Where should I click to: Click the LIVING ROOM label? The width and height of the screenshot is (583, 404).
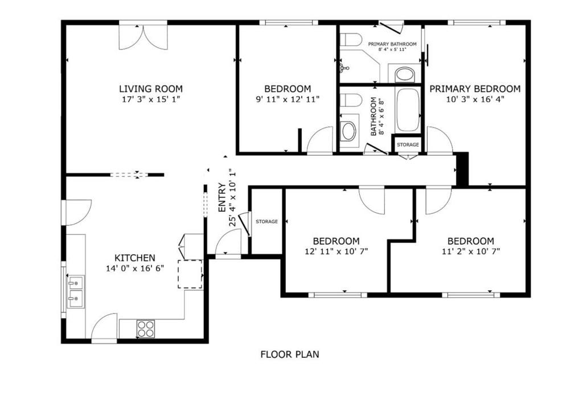[x=150, y=89]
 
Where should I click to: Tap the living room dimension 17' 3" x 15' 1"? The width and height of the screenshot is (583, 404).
[x=150, y=99]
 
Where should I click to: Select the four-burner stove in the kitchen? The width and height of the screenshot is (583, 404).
[x=146, y=328]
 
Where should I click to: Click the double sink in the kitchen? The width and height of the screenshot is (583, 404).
[x=75, y=291]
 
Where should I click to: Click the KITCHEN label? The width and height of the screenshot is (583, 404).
[x=134, y=258]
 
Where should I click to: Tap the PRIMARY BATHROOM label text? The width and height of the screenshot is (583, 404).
[x=392, y=44]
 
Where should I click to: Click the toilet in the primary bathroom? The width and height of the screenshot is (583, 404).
[x=351, y=40]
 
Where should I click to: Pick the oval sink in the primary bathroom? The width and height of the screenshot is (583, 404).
[x=405, y=74]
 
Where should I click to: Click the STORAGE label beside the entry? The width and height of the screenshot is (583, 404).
[x=266, y=221]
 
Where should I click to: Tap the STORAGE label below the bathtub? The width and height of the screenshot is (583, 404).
[x=408, y=145]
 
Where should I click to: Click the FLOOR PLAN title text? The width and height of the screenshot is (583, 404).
[x=290, y=354]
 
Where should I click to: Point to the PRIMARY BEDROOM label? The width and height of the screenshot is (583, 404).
[x=474, y=89]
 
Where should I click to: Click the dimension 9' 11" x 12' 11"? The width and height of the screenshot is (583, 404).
[x=288, y=99]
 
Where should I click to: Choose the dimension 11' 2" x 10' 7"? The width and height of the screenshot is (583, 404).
[x=470, y=251]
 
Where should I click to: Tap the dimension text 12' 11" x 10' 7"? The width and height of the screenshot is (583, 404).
[x=336, y=251]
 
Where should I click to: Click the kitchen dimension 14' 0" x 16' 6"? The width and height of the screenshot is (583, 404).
[x=134, y=268]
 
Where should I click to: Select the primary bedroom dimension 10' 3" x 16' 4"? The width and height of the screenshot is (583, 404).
[x=474, y=99]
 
